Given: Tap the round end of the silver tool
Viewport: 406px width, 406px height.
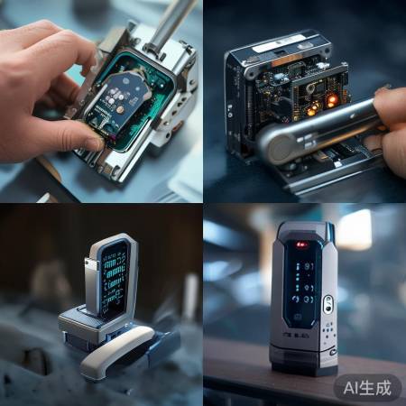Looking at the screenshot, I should [x=275, y=145].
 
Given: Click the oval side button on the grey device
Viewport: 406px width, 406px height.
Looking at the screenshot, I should [x=328, y=304].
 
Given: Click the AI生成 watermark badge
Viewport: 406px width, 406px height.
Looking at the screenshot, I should [x=367, y=386].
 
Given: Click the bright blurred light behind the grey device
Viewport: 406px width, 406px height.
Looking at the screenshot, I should [x=354, y=229].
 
